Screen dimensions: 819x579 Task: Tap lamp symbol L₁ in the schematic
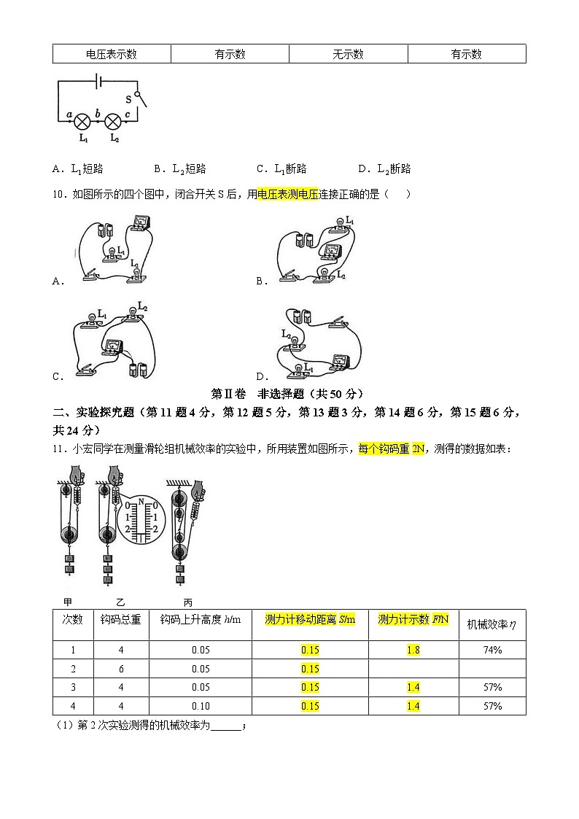[83, 120]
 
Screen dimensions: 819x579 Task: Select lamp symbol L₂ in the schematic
[114, 120]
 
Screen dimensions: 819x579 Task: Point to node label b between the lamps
[98, 113]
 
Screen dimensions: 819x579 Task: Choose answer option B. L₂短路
[180, 169]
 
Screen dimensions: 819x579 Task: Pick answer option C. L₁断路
[281, 169]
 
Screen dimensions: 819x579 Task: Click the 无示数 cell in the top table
[348, 54]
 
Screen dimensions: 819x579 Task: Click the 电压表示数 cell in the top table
[112, 54]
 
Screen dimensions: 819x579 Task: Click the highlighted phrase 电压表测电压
[288, 194]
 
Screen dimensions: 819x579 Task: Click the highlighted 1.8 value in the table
[413, 650]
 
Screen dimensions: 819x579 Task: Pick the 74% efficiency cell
[491, 650]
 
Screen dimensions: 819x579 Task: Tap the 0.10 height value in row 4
[201, 706]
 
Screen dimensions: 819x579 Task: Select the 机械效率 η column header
[491, 624]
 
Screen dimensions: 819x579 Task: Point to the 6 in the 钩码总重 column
[121, 669]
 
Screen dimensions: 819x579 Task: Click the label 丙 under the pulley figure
[188, 602]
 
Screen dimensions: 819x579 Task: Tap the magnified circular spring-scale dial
[144, 518]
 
